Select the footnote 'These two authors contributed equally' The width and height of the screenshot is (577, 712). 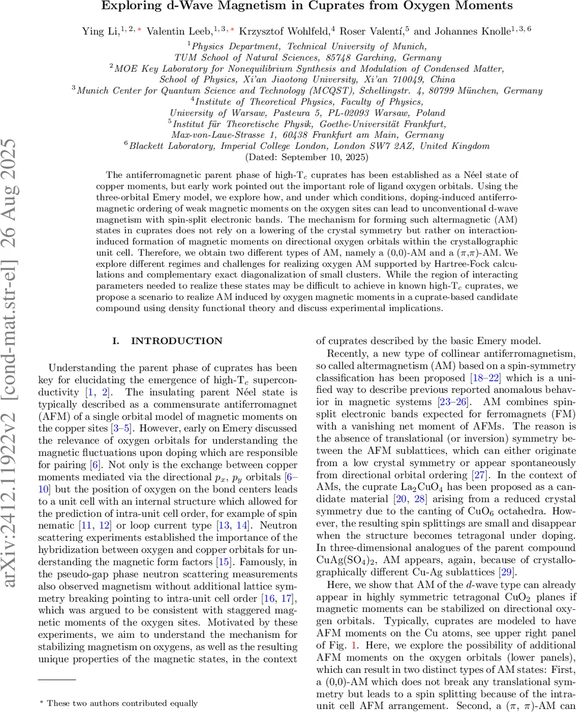point(122,703)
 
